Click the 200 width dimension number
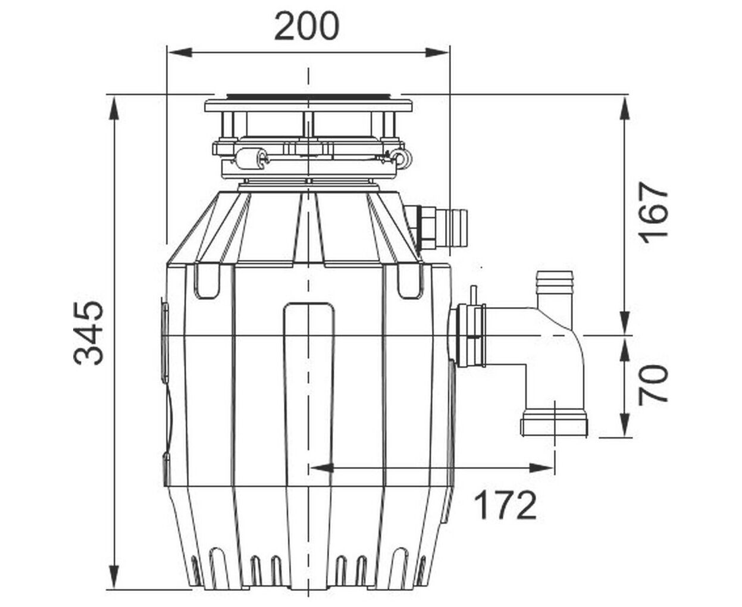click(306, 26)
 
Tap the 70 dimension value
click(653, 383)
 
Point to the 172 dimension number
click(506, 505)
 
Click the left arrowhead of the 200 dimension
click(180, 53)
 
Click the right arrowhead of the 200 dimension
click(437, 53)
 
